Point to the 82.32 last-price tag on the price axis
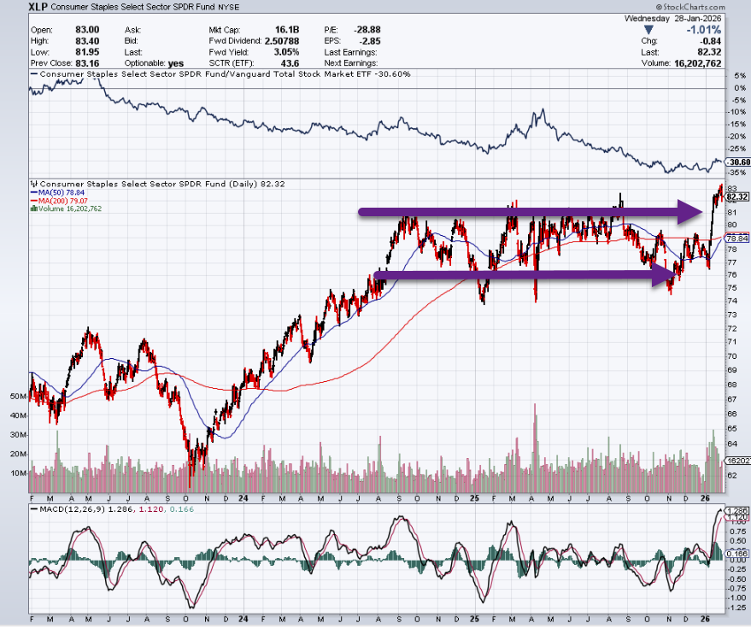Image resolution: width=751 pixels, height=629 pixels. [736, 197]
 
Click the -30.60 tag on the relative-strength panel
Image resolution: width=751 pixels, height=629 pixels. [736, 162]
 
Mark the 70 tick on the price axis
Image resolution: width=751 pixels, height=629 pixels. [732, 355]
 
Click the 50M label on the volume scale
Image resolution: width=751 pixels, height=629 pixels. [15, 397]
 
